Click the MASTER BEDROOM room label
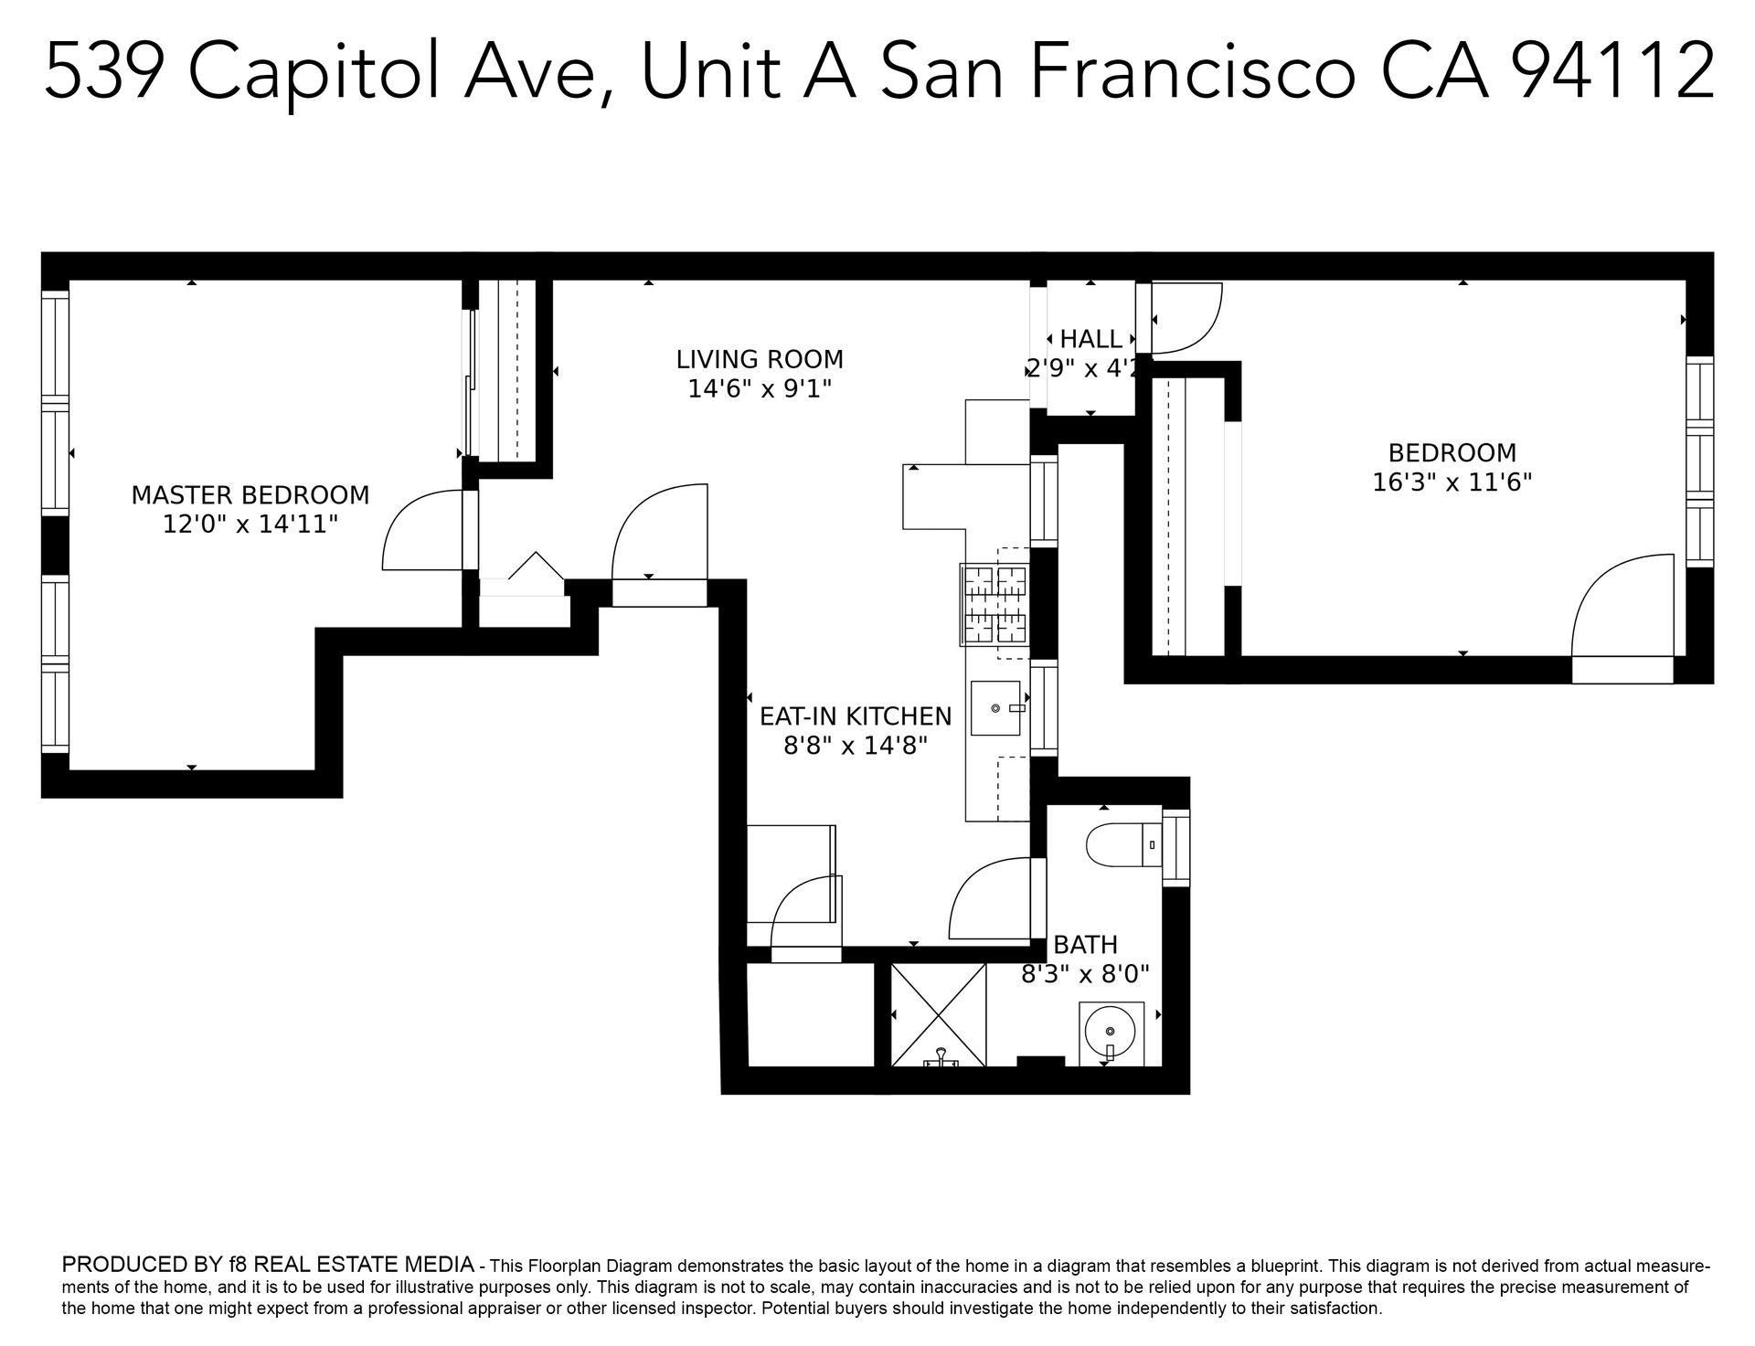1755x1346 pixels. (x=250, y=495)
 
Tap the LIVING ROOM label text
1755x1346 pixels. (x=760, y=359)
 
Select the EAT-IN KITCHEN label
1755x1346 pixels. (x=856, y=716)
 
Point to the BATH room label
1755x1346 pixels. (x=1085, y=944)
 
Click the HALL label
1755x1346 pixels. (x=1091, y=339)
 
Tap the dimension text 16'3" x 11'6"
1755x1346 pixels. (x=1452, y=482)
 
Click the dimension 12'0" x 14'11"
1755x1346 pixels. (x=250, y=525)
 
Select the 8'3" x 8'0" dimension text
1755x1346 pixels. (x=1085, y=974)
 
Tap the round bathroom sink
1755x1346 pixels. (x=1111, y=1033)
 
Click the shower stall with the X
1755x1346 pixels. (x=939, y=1014)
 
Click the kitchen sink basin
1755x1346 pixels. (x=995, y=708)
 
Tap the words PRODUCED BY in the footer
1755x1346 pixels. (x=142, y=1265)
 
